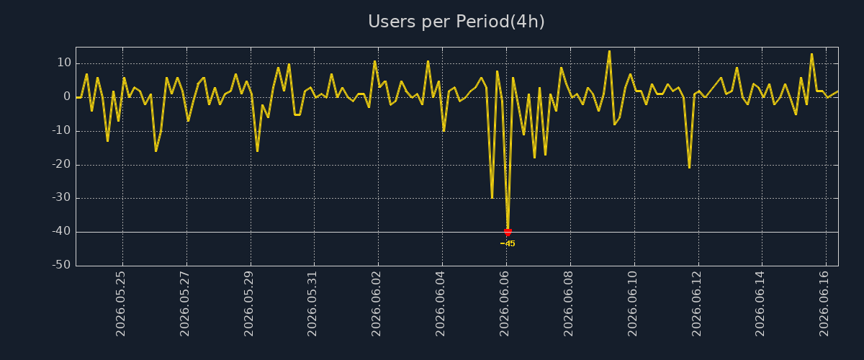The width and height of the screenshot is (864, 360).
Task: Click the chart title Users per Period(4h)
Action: (456, 22)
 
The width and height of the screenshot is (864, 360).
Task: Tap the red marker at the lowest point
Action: (508, 233)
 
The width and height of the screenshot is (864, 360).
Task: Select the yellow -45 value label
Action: (508, 244)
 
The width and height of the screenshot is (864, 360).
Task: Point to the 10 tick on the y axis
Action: (64, 63)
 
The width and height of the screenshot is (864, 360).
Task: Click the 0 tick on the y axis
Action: (67, 97)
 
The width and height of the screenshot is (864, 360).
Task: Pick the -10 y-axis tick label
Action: (62, 131)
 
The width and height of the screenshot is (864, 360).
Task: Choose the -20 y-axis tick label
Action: (62, 165)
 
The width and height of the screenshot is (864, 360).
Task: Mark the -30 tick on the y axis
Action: (62, 198)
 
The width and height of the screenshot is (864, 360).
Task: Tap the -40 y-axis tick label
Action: (62, 232)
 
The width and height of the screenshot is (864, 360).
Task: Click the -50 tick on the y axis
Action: (62, 265)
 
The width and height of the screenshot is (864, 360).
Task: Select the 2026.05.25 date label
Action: (120, 304)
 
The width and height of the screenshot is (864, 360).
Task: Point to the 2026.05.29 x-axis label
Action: (248, 304)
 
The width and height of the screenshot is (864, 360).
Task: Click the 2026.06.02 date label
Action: (376, 304)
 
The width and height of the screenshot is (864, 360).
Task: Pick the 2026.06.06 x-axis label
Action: (504, 304)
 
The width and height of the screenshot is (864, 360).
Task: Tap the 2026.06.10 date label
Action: (632, 304)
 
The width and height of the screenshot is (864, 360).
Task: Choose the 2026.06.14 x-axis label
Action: (760, 304)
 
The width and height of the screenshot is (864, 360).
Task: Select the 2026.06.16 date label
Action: (824, 304)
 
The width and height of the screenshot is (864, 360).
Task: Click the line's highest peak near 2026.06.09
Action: (609, 51)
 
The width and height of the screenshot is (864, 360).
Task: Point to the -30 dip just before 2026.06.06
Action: (492, 197)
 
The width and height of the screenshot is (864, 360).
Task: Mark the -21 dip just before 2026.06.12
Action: (689, 168)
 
